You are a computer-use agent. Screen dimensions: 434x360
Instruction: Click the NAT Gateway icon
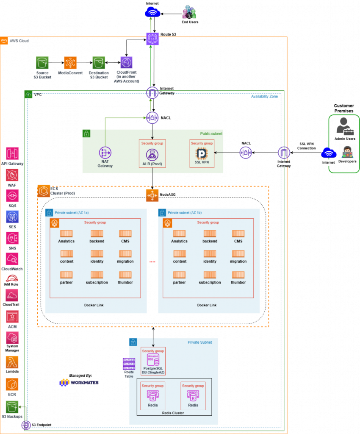point(105,153)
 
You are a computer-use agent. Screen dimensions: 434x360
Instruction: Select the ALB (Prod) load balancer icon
point(152,155)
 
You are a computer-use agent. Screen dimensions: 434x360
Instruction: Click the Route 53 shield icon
point(152,39)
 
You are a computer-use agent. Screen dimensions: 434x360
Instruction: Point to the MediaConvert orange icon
point(70,63)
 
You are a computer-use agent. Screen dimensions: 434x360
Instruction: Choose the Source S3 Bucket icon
point(42,63)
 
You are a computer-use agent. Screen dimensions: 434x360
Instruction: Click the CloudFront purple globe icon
point(126,63)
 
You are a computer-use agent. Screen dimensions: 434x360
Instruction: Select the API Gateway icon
point(12,153)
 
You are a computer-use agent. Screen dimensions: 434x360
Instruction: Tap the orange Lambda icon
point(12,362)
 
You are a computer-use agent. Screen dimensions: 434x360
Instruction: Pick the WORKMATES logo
point(79,383)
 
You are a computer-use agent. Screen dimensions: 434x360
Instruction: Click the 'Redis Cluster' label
point(173,413)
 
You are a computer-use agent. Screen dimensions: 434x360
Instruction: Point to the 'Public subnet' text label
point(211,134)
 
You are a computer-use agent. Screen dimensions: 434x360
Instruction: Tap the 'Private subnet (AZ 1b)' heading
point(185,212)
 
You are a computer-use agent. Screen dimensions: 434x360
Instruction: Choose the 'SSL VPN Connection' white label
point(307,146)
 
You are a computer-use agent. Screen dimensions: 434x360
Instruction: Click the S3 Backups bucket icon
point(12,407)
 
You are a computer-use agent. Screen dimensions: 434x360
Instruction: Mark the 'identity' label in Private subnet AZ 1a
point(97,262)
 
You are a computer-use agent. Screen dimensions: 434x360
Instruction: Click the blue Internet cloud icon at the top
point(152,13)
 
